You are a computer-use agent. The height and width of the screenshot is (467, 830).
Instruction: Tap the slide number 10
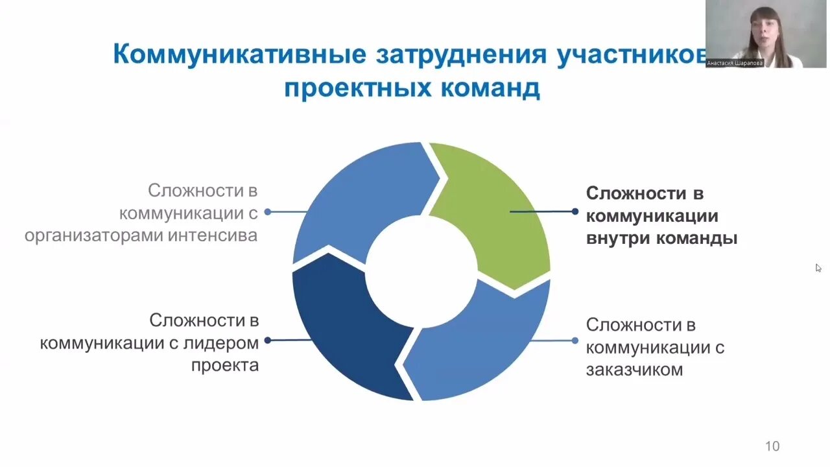[x=772, y=446]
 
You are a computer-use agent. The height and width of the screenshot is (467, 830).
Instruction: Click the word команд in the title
[x=491, y=88]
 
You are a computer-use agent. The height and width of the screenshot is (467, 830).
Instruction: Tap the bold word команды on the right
[x=697, y=238]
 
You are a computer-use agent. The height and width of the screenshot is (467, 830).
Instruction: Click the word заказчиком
[x=634, y=370]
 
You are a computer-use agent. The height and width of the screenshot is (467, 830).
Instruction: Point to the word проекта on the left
[x=225, y=365]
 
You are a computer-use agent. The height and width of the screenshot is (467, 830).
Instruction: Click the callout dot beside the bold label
[x=575, y=211]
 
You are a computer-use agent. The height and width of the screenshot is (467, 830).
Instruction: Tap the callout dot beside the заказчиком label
[x=575, y=341]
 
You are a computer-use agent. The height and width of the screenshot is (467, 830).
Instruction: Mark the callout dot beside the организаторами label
[x=267, y=211]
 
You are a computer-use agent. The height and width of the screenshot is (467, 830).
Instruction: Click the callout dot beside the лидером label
[x=267, y=340]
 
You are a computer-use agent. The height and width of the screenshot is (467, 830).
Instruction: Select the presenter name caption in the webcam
[x=735, y=64]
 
